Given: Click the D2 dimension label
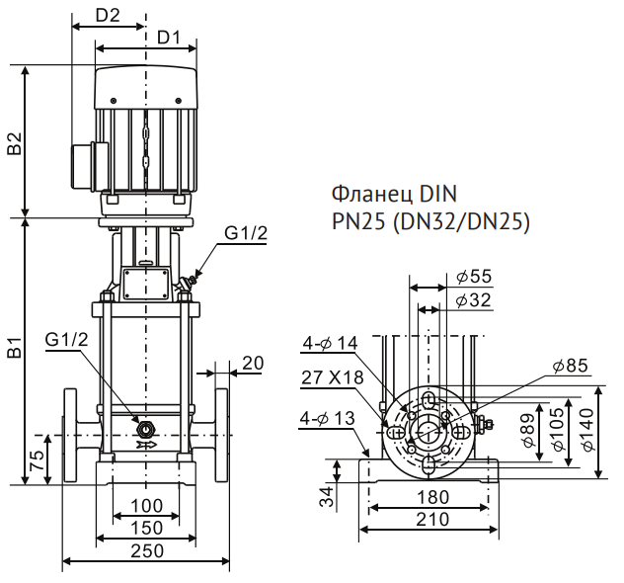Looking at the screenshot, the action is [x=108, y=16].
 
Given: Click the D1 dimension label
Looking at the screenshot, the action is [x=169, y=38].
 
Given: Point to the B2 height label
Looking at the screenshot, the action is [x=16, y=143].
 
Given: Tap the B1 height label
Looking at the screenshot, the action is [x=16, y=348].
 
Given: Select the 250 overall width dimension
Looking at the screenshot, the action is [x=147, y=550].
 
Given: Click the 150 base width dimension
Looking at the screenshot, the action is [x=147, y=528].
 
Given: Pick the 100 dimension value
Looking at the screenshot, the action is [x=147, y=506].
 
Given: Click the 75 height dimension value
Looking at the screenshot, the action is [x=38, y=460].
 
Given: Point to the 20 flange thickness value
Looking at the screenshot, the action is [x=253, y=364].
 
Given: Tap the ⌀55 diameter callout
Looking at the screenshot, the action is [x=474, y=276].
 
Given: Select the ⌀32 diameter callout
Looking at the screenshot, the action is [x=474, y=299].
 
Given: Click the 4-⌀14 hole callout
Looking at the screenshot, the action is [x=331, y=343].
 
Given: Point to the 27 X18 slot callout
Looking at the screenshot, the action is [x=333, y=377].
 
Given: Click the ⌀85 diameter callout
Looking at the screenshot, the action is [x=571, y=366].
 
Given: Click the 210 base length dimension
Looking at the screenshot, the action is [x=432, y=519].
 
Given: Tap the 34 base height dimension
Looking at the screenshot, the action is [x=327, y=496].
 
